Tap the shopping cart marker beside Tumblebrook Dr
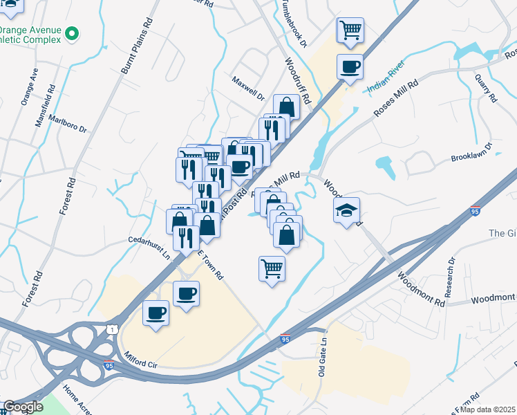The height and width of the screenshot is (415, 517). click(x=350, y=30)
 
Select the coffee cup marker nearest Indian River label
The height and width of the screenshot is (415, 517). click(x=349, y=67)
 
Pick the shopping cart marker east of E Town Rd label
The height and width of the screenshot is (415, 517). click(x=272, y=268)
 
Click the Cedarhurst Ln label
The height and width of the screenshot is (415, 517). click(x=148, y=248)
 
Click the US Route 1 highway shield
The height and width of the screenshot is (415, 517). click(x=111, y=329)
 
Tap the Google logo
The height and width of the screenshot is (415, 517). click(x=23, y=407)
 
